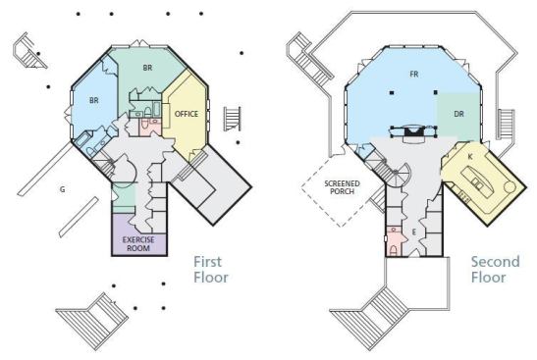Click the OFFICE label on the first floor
coord(187,114)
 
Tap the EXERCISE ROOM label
coord(138,243)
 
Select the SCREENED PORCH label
coord(343,187)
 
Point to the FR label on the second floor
coord(414,74)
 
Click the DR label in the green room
coord(458,114)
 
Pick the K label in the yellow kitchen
coord(470,157)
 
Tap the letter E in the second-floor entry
coord(413,232)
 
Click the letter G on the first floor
coord(62,189)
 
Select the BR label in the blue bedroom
coord(94,101)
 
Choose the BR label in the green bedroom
coord(147,68)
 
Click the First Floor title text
coord(211,270)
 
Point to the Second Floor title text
coord(495,270)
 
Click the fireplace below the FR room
coord(413,132)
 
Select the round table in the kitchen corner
coord(510,187)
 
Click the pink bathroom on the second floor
coord(395,241)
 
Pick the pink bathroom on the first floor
coord(150,127)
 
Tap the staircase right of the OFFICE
coord(233,119)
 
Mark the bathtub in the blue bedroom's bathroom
coord(81,140)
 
